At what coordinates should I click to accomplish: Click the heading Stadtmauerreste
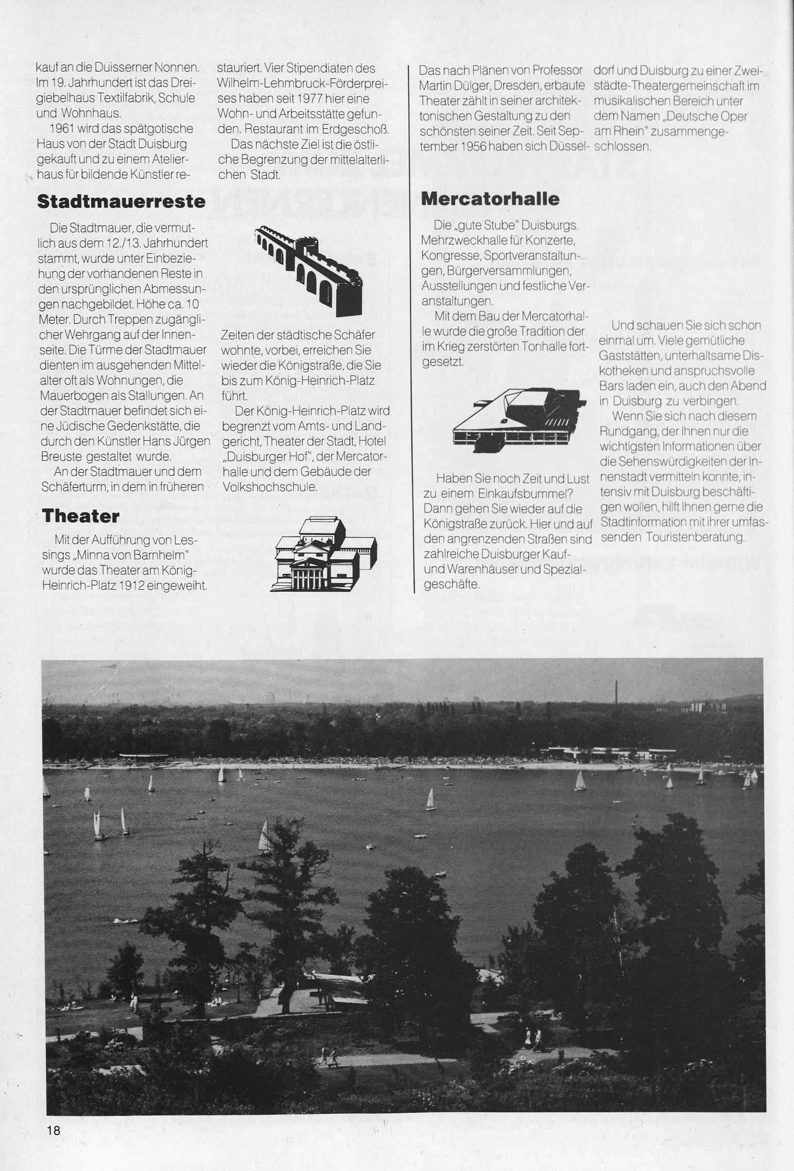click(122, 201)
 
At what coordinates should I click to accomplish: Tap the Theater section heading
click(81, 516)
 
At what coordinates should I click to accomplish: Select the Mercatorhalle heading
click(490, 199)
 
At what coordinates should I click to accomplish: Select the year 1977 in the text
click(304, 98)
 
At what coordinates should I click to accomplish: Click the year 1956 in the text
click(472, 146)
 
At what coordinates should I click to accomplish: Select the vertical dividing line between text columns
click(415, 330)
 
